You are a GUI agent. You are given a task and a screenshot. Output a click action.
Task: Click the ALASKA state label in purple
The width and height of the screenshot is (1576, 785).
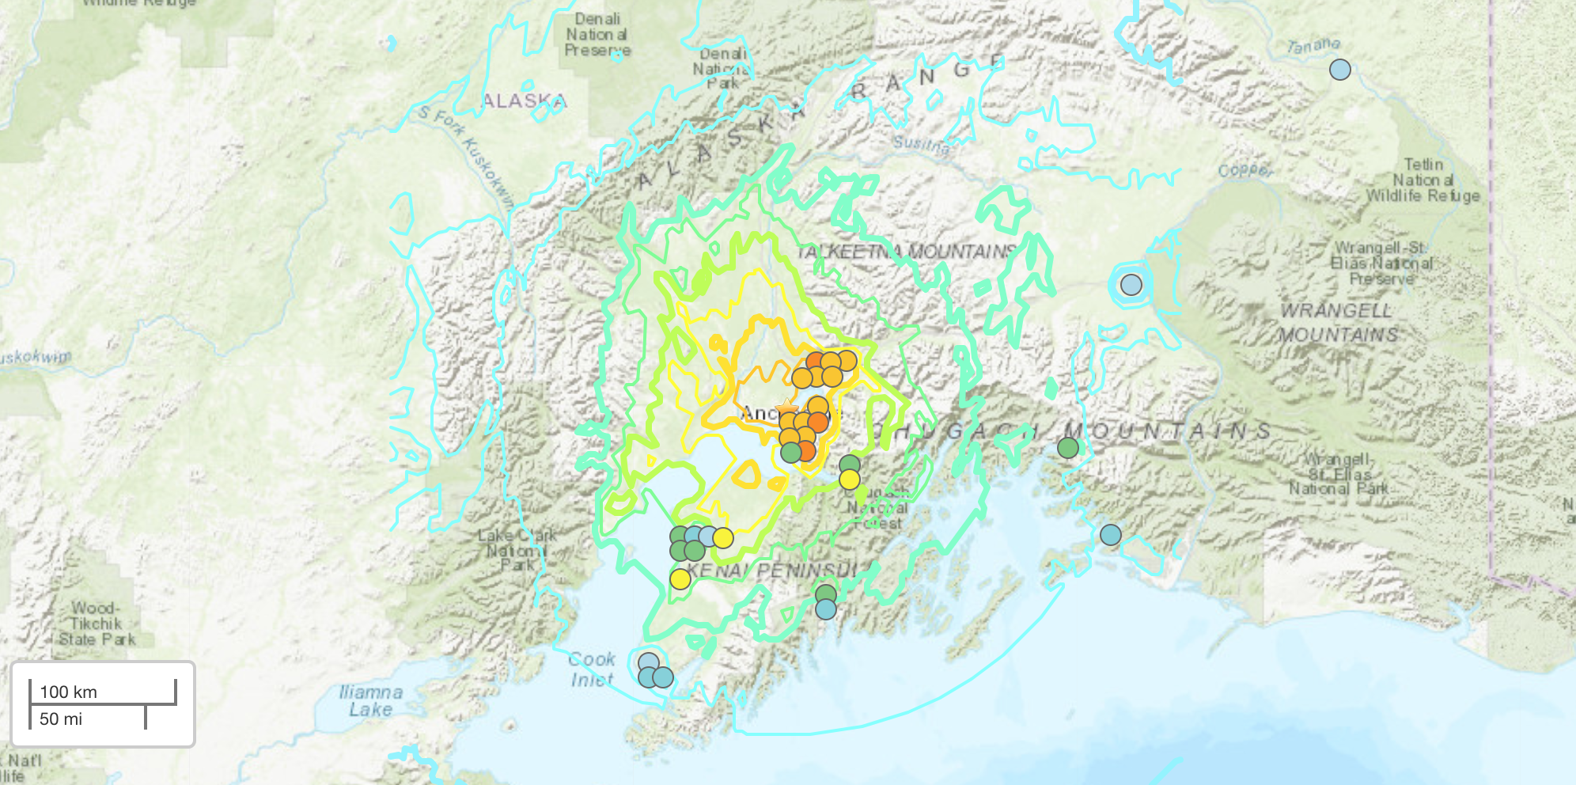click(524, 101)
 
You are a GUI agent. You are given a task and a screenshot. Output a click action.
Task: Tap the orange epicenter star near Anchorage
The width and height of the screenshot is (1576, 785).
click(786, 408)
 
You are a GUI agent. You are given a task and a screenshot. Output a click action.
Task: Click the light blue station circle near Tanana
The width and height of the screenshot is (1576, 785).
click(1339, 70)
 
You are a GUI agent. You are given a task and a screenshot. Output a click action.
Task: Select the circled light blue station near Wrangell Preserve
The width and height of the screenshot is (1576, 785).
click(1131, 285)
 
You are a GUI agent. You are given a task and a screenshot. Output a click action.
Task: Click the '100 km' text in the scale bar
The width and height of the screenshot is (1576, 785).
click(68, 692)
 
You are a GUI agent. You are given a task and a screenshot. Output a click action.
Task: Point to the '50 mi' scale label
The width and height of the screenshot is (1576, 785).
click(60, 719)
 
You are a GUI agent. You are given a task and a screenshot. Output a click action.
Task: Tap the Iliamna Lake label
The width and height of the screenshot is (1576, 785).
click(370, 701)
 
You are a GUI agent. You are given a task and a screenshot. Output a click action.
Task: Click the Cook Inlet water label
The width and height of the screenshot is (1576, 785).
click(591, 669)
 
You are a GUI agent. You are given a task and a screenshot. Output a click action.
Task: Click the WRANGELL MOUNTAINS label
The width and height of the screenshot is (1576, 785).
click(1338, 322)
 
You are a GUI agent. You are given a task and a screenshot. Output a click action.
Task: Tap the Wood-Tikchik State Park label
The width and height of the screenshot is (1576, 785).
click(97, 624)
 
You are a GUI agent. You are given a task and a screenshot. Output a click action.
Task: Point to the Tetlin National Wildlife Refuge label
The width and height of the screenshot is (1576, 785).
click(1423, 180)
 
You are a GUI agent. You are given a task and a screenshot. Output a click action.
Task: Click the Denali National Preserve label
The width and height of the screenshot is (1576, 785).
click(597, 35)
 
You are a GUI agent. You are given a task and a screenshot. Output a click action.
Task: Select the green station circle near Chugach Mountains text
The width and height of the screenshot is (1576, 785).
click(1068, 448)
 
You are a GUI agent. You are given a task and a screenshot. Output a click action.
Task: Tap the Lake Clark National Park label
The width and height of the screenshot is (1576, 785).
click(516, 550)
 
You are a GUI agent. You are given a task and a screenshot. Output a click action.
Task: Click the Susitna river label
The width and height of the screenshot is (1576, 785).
click(921, 144)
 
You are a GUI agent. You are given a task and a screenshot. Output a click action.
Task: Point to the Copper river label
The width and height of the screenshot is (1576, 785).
click(1245, 170)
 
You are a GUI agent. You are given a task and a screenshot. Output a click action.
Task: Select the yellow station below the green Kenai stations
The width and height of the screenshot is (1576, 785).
click(680, 579)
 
